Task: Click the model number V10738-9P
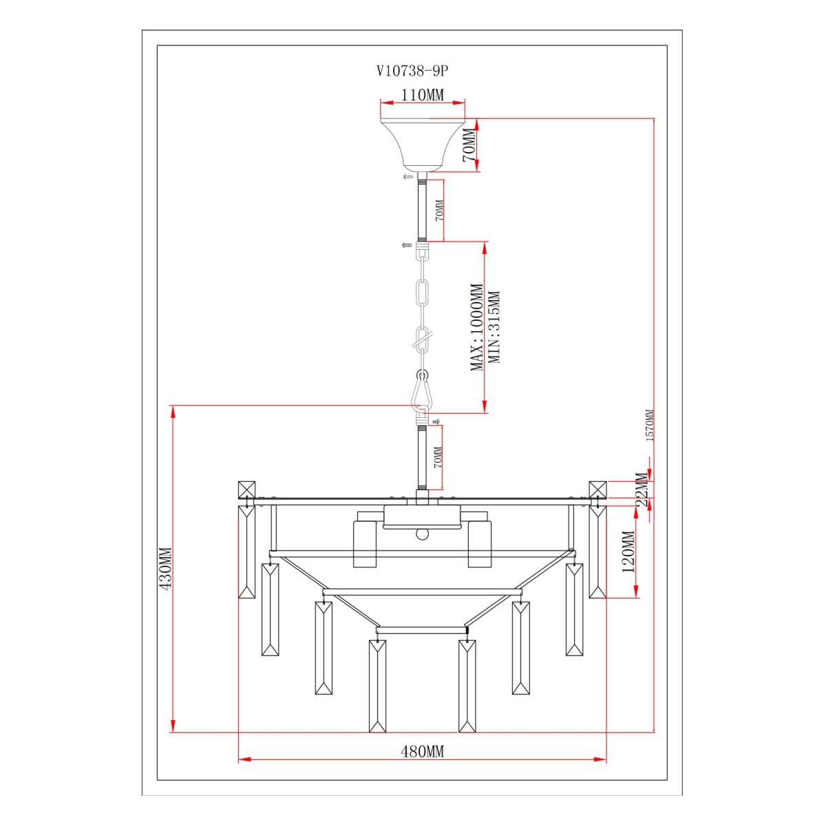[412, 71]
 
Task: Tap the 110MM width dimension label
[422, 95]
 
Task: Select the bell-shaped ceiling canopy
[422, 145]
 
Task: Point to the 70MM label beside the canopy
[469, 145]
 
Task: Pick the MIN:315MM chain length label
[494, 327]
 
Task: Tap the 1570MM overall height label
[650, 425]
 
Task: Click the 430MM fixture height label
[165, 567]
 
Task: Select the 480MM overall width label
[422, 751]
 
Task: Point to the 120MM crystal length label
[628, 551]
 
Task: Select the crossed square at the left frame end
[246, 489]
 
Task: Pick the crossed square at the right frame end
[597, 489]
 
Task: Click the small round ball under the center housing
[422, 534]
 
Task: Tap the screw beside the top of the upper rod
[408, 176]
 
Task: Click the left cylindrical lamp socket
[364, 544]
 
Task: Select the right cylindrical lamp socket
[480, 544]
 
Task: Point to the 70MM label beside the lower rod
[438, 457]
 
